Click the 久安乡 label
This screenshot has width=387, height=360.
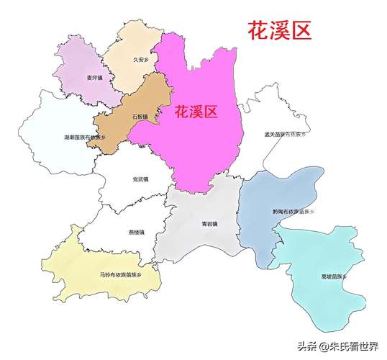click(x=142, y=60)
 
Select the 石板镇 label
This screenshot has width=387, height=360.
click(x=140, y=116)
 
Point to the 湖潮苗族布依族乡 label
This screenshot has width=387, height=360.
click(x=83, y=136)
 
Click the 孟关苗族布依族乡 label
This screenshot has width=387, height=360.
click(x=285, y=134)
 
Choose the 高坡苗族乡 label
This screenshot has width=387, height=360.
click(x=334, y=276)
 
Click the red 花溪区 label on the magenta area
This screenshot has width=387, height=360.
click(x=196, y=112)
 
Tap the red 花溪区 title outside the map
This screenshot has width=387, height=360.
click(x=280, y=31)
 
